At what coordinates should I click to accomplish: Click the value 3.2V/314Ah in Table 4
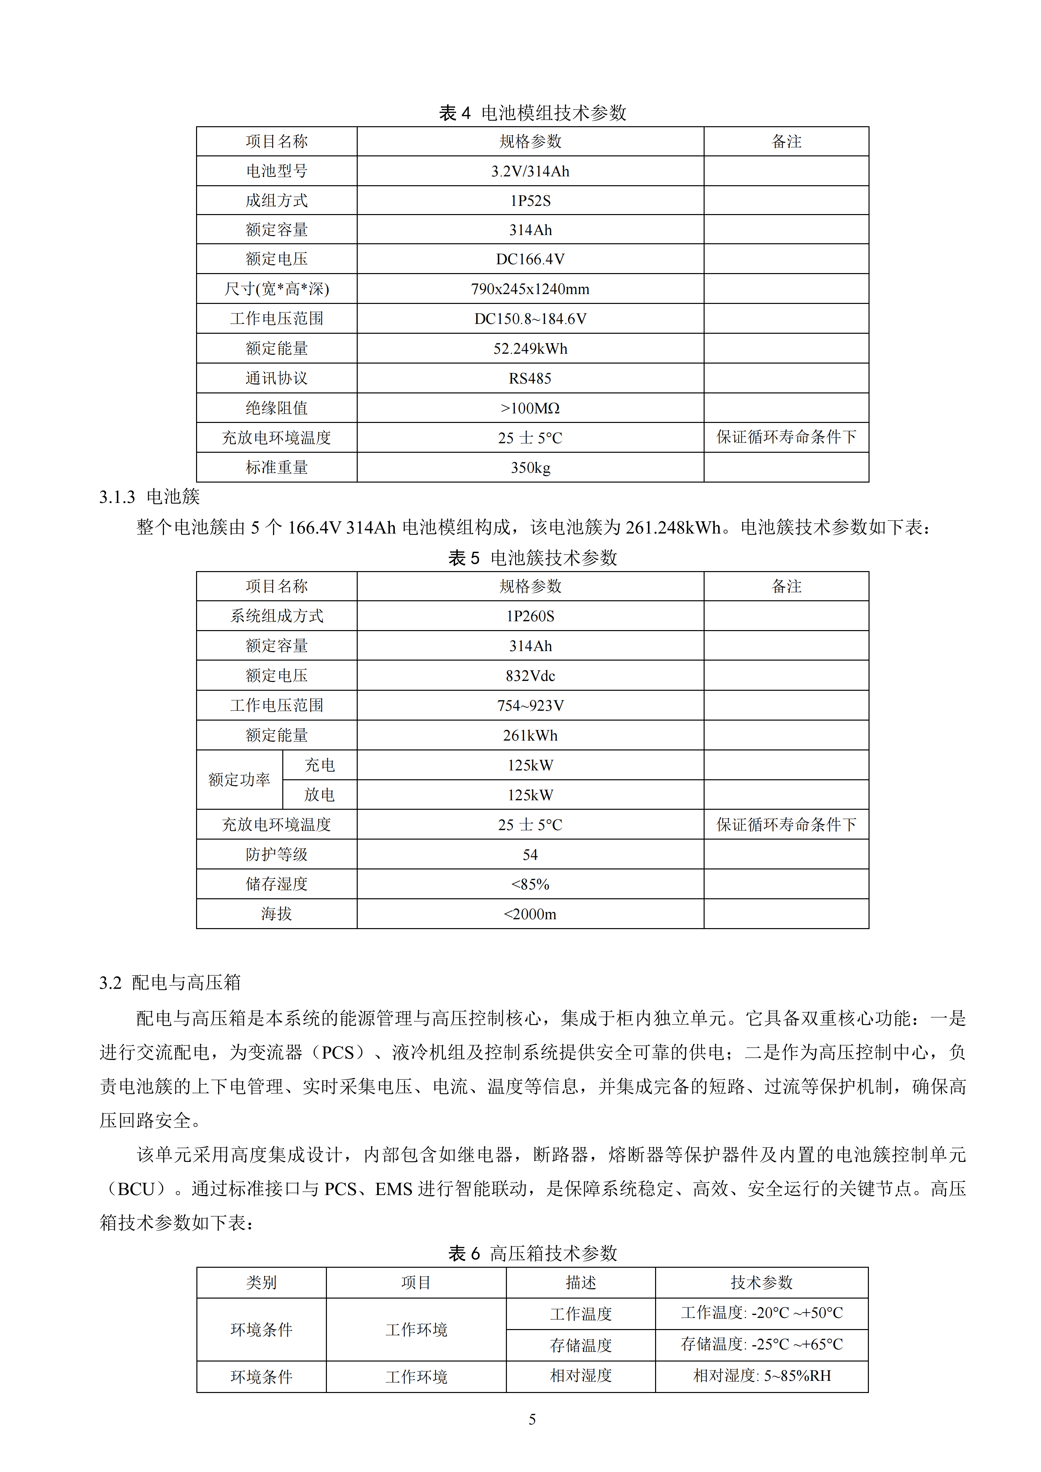pyautogui.click(x=530, y=171)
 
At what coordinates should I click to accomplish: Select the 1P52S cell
pyautogui.click(x=530, y=201)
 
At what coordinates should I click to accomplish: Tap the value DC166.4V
pyautogui.click(x=530, y=259)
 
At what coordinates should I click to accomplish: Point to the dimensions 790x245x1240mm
pyautogui.click(x=530, y=289)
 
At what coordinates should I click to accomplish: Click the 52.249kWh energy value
pyautogui.click(x=530, y=349)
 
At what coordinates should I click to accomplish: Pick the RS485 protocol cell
pyautogui.click(x=530, y=378)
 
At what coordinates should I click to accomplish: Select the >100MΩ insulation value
pyautogui.click(x=530, y=408)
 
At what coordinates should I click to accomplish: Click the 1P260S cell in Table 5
pyautogui.click(x=530, y=616)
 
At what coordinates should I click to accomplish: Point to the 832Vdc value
pyautogui.click(x=530, y=676)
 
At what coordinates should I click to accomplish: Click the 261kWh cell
pyautogui.click(x=530, y=735)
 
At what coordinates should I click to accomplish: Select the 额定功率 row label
pyautogui.click(x=239, y=780)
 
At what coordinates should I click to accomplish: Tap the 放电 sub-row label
pyautogui.click(x=319, y=795)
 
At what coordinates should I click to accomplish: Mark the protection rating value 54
pyautogui.click(x=530, y=855)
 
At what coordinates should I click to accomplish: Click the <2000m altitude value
pyautogui.click(x=530, y=914)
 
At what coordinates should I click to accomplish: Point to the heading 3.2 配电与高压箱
pyautogui.click(x=170, y=983)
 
